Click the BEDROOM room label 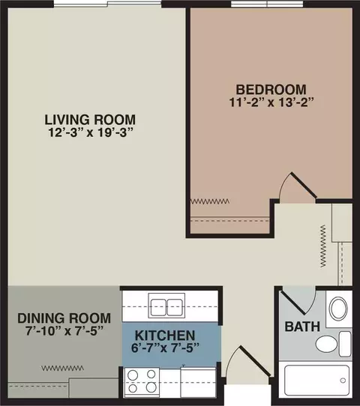[271, 90]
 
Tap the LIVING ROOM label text [90, 120]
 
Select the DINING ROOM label [64, 318]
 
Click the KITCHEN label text [165, 336]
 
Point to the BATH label [302, 327]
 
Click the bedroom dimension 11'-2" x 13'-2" [271, 103]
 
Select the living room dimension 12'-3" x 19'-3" [91, 133]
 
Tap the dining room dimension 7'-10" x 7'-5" [64, 330]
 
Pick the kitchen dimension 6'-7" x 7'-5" [165, 348]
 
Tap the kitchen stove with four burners [142, 383]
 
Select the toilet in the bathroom [333, 344]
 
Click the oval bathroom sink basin [338, 309]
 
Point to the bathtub [316, 380]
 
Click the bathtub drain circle [343, 381]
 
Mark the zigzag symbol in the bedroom [210, 201]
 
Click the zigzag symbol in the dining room [62, 368]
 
